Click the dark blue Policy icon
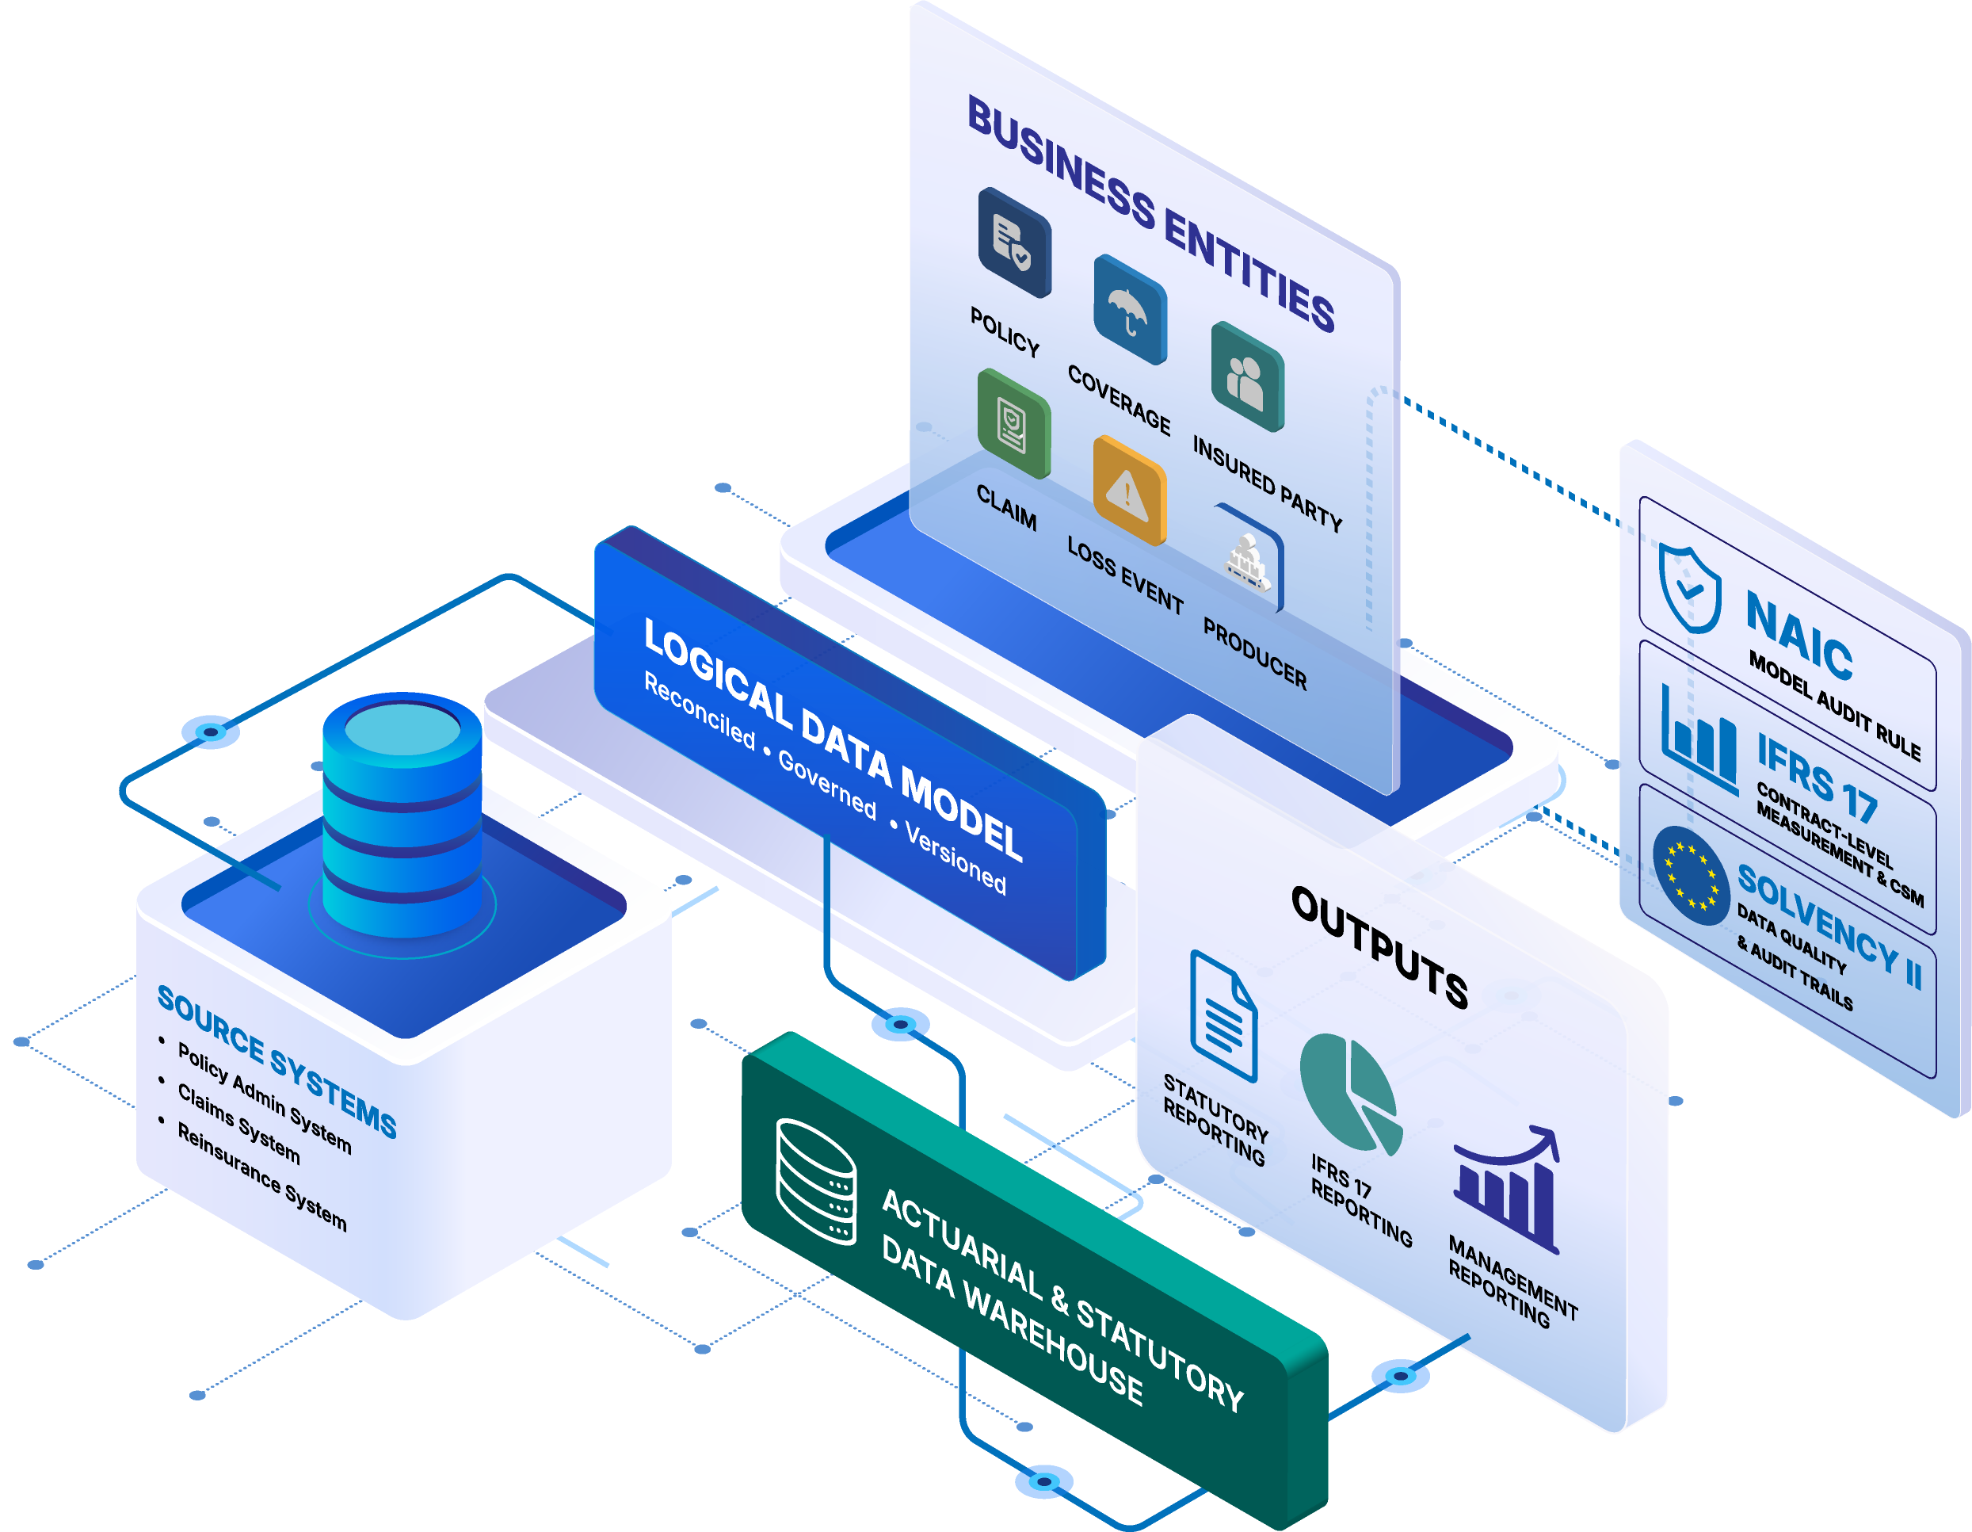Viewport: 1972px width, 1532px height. click(1015, 242)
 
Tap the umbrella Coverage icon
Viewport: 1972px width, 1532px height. click(1130, 310)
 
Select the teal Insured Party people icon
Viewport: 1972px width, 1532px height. click(1248, 376)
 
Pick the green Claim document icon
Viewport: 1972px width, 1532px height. click(1014, 424)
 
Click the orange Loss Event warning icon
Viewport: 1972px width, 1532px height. click(1130, 491)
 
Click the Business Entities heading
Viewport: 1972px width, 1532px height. click(1151, 214)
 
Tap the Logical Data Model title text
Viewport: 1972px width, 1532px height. click(833, 739)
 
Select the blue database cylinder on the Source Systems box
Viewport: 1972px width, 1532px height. click(402, 815)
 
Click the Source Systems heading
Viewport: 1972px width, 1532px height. click(277, 1061)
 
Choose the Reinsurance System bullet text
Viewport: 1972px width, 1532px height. click(261, 1177)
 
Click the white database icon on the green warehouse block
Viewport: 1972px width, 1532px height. click(816, 1182)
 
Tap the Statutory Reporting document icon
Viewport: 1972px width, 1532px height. click(1223, 1016)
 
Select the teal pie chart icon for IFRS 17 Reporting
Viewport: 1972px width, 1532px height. click(1352, 1095)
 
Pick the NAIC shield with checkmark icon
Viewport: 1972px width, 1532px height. click(1689, 589)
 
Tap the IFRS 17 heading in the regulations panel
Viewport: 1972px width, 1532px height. click(1818, 778)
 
